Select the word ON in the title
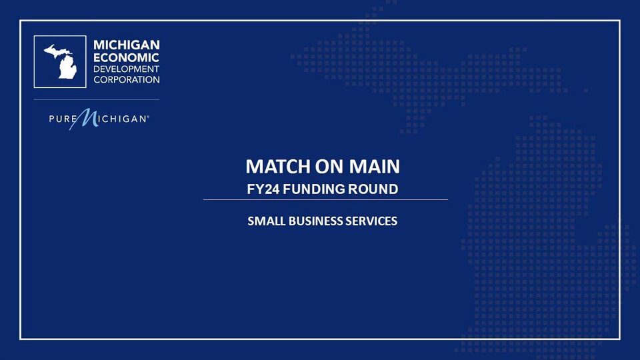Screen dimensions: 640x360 329,167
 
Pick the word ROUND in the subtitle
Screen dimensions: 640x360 373,189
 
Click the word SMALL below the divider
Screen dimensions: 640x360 266,221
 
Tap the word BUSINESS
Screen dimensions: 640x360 315,221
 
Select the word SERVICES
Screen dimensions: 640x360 371,221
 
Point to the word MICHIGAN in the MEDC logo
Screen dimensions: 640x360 127,45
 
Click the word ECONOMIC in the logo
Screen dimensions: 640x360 126,57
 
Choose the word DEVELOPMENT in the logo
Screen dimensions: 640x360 126,69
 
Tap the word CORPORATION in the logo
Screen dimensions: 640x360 127,79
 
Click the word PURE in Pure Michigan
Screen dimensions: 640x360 63,119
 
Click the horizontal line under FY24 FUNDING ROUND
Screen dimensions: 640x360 326,199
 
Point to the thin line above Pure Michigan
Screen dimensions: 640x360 96,99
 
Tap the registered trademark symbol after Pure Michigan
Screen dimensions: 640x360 148,117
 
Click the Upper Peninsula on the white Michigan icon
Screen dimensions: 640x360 56,51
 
